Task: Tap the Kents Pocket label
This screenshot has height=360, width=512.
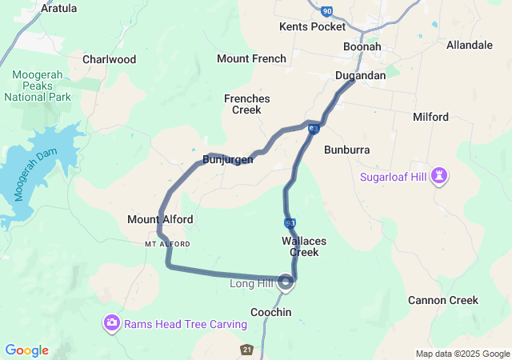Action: pos(312,26)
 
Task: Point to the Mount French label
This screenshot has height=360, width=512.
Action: pos(251,58)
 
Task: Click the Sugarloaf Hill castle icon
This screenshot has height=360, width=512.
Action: pos(439,175)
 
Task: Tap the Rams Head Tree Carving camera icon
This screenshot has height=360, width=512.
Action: pos(112,323)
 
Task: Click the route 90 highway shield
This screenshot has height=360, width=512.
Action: pos(327,11)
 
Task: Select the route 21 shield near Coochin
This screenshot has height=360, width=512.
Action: pos(247,350)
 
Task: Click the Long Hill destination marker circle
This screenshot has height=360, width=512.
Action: pos(287,282)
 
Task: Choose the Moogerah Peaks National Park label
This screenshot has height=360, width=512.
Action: pos(38,86)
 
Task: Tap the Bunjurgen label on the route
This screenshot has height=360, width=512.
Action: pos(228,159)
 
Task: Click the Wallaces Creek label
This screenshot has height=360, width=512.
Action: pos(300,246)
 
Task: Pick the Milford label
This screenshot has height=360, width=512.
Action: pos(430,117)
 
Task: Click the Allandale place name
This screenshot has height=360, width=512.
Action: pos(470,45)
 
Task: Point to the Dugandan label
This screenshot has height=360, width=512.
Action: pos(360,75)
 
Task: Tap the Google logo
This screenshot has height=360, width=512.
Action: pos(26,350)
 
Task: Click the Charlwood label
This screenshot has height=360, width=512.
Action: pos(109,59)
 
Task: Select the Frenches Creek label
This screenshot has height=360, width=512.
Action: pos(246,104)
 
